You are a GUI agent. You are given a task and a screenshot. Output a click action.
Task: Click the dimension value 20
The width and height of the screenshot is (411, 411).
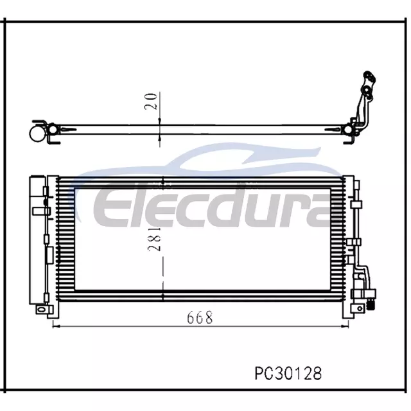pos(151,101)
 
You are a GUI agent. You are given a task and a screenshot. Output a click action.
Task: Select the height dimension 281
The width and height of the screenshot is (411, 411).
pos(154,239)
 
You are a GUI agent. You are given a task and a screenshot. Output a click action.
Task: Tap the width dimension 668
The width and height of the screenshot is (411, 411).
pos(200,318)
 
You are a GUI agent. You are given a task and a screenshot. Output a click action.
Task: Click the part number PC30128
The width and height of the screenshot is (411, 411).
pos(288,373)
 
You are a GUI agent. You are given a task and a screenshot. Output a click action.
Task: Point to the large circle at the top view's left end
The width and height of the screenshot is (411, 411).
pos(38,134)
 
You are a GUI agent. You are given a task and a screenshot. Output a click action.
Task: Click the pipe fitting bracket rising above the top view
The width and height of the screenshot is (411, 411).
pos(365,99)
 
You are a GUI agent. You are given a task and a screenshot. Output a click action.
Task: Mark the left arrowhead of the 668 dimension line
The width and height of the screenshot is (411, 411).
pos(55,326)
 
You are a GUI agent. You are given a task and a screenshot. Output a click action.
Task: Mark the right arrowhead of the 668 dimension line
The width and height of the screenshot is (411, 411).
pos(346,326)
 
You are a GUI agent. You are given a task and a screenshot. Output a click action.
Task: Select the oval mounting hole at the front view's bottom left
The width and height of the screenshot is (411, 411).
pos(40,310)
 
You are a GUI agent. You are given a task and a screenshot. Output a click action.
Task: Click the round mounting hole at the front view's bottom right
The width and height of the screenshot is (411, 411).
pos(360,308)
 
